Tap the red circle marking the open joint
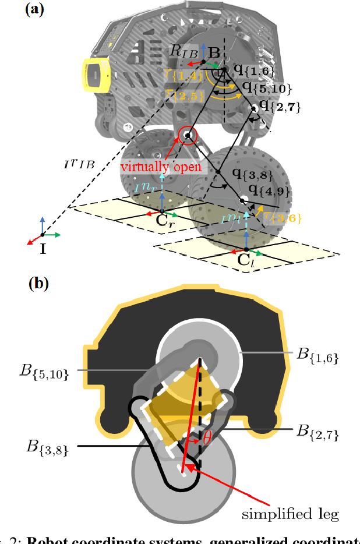pos(188,136)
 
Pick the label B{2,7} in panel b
pos(318,432)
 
